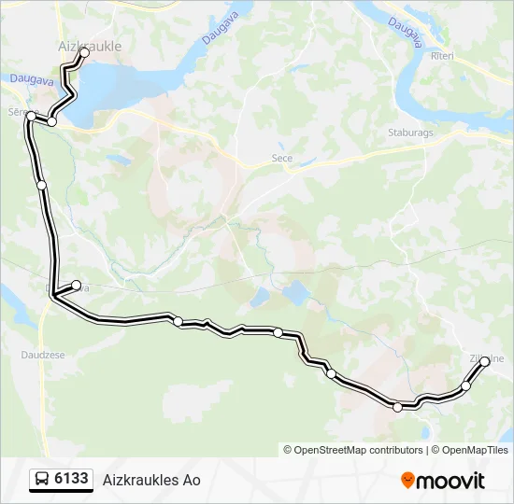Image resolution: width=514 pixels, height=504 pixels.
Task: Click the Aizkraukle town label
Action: tap(91, 45)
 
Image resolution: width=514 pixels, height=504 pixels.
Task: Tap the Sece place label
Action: tap(281, 159)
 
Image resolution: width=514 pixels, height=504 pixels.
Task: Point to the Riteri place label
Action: tap(442, 57)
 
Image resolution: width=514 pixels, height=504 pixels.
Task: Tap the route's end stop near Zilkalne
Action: tap(485, 363)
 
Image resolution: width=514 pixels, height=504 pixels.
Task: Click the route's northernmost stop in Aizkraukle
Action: tap(84, 53)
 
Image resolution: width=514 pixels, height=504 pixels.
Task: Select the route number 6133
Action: tap(72, 480)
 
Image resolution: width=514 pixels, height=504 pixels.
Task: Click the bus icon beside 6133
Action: tap(42, 480)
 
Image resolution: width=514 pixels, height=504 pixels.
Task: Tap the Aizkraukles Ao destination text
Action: tap(151, 481)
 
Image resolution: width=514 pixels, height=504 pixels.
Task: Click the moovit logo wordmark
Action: tap(450, 481)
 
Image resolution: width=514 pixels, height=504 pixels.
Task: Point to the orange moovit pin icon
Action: tap(407, 481)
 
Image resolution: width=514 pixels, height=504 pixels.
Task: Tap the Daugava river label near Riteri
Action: tap(404, 35)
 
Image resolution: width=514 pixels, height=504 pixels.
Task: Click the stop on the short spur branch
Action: tap(77, 285)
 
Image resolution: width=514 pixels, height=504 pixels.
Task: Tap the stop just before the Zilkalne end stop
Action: tap(465, 385)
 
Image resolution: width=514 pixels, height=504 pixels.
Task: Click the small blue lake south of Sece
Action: tap(297, 294)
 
